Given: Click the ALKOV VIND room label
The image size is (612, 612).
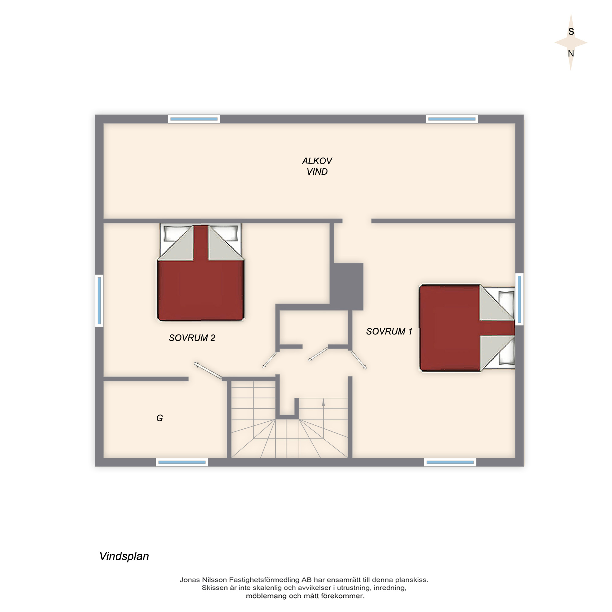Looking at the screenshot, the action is point(317,166).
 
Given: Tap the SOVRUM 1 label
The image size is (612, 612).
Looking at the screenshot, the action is point(389,331).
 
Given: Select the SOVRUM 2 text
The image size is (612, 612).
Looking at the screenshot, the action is point(192,338).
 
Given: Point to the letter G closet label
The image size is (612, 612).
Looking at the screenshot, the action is point(160,418).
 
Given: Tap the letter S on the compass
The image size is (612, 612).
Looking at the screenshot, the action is point(571,32).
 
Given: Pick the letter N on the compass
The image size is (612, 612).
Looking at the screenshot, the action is point(571,53).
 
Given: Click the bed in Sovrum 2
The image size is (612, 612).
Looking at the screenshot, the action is point(201,272).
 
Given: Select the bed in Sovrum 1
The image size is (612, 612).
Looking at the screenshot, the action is point(467,328).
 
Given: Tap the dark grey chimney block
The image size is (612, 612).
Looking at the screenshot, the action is point(347,286).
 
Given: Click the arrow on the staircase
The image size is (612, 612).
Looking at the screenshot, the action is point(323,418).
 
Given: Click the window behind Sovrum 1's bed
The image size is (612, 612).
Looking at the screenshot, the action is point(519,299).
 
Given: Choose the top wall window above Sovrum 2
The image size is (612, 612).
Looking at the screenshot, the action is point(194,119).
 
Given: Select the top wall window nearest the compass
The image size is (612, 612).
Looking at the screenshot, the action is point(452,119).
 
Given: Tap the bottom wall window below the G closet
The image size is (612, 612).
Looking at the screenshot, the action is point(182,462).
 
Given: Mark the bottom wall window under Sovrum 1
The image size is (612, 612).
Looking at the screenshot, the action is point(450,462).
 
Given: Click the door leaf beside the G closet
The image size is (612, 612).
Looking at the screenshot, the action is point(208,370).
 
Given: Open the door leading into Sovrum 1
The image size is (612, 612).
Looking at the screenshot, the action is point(358,360).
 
